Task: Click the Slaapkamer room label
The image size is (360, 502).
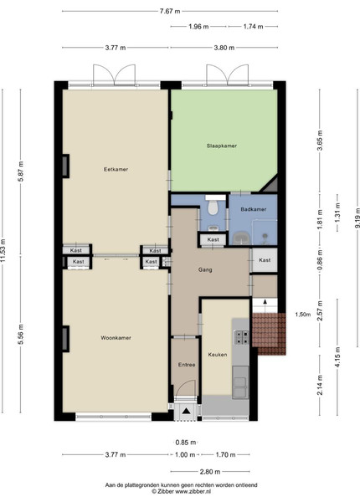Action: click(222, 146)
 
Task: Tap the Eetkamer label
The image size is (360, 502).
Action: click(116, 169)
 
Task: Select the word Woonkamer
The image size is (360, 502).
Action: click(116, 338)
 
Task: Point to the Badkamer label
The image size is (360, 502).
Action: click(254, 209)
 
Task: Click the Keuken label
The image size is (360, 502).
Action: click(218, 355)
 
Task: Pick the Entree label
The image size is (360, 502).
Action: click(187, 365)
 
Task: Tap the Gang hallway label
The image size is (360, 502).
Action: click(205, 270)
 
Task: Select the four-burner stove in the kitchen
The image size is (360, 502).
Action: click(241, 337)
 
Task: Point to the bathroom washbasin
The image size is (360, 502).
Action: click(241, 238)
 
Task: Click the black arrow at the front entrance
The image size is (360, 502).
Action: click(186, 411)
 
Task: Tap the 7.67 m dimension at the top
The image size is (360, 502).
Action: click(170, 11)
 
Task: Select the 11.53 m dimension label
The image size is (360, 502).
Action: click(3, 250)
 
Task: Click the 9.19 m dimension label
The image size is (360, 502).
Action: click(357, 218)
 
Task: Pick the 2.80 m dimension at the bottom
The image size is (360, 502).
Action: click(210, 472)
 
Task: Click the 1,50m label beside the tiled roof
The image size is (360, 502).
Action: click(303, 315)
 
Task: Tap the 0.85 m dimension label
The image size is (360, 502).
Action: click(186, 443)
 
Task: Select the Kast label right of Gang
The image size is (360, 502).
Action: click(265, 260)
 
